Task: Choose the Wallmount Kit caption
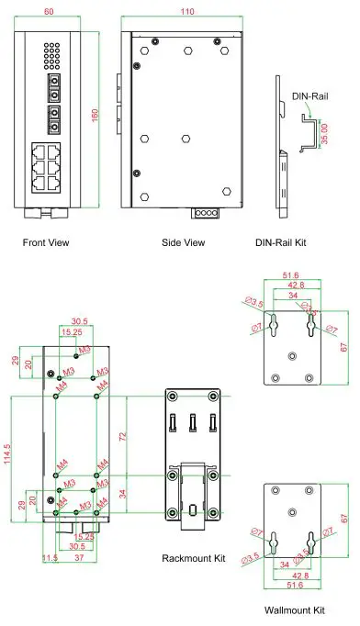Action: point(294,609)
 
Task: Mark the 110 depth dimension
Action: point(186,12)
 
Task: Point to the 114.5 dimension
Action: point(8,455)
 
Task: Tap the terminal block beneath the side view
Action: point(203,213)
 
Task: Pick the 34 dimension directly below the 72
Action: point(123,494)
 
